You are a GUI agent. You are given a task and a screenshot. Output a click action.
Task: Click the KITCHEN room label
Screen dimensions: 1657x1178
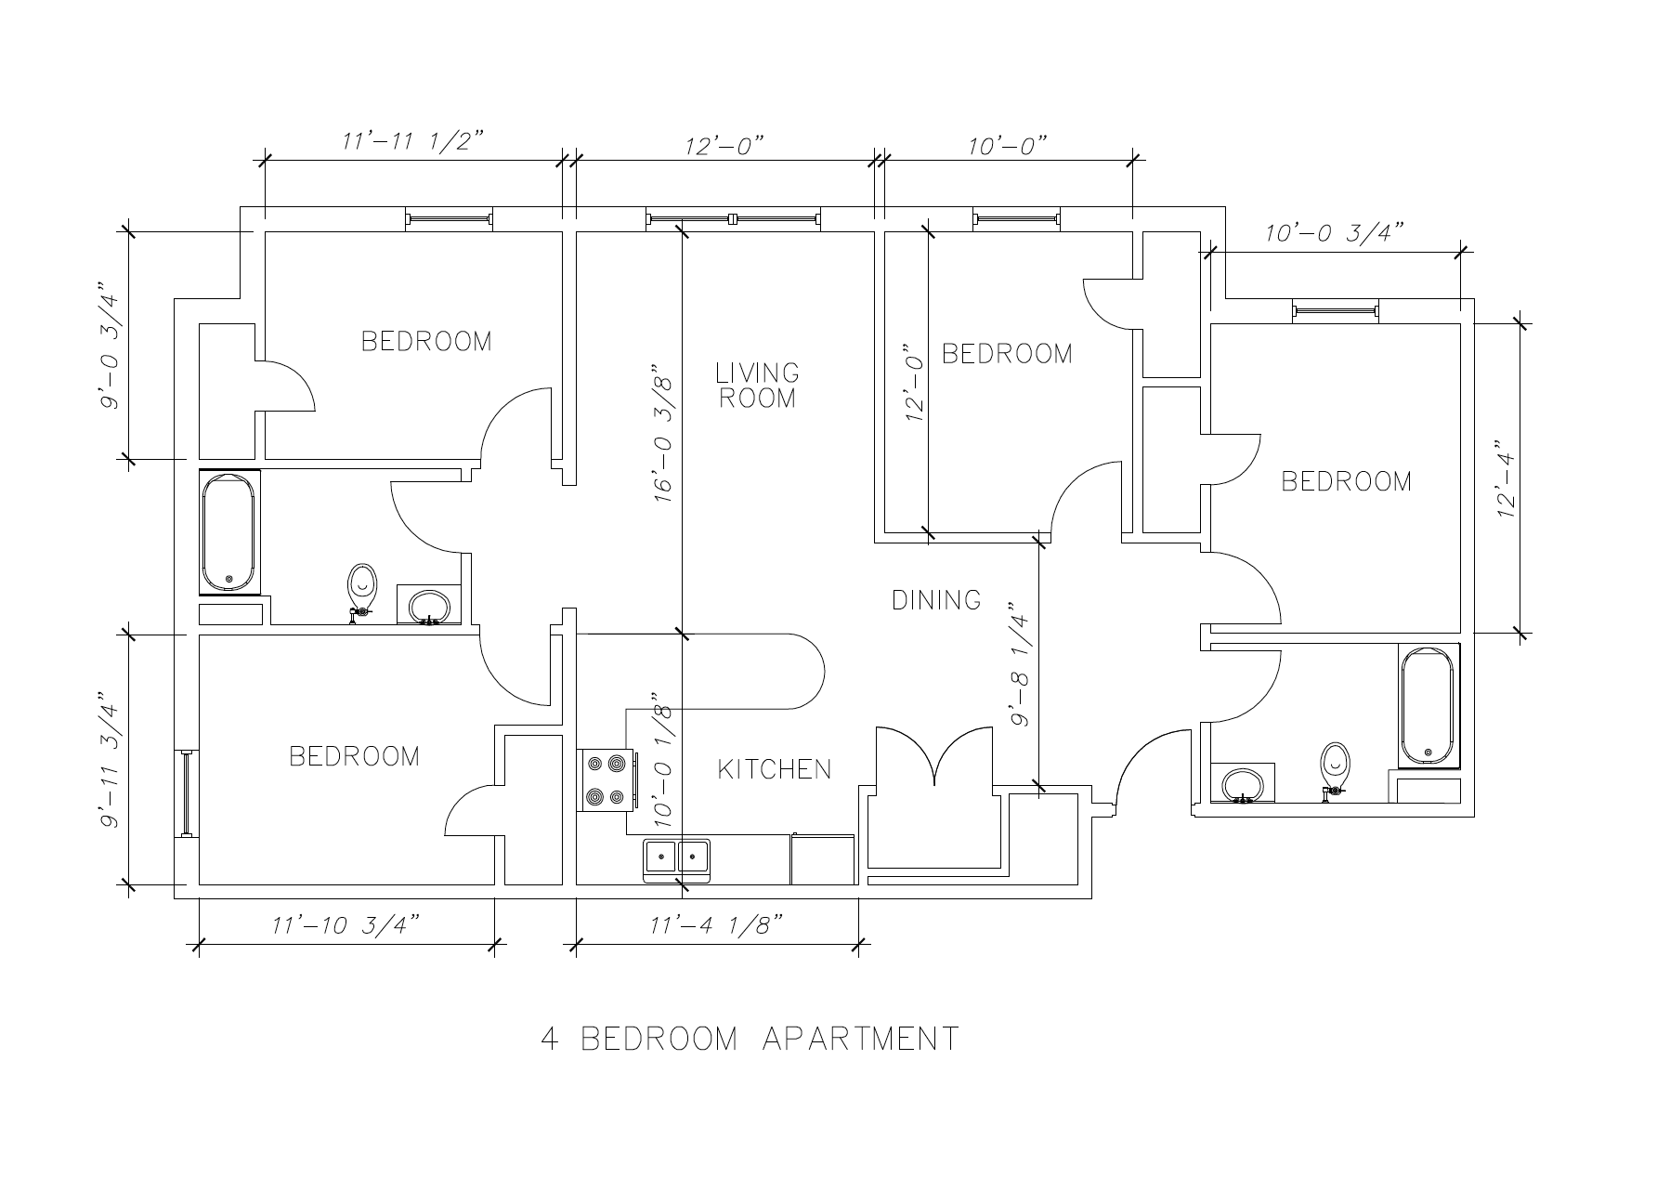(x=775, y=769)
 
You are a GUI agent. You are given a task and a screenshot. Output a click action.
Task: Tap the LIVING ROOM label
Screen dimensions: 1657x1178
(x=757, y=386)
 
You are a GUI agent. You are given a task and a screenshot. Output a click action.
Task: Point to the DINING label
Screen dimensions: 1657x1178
(x=936, y=600)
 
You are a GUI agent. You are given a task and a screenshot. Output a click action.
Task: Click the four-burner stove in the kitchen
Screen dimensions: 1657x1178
(x=607, y=780)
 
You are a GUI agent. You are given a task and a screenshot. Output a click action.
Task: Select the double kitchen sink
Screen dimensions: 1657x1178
(x=677, y=859)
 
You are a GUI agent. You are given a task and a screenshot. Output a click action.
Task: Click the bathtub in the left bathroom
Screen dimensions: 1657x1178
(x=229, y=531)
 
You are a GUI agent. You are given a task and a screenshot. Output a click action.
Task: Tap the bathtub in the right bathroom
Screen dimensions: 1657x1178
(x=1429, y=706)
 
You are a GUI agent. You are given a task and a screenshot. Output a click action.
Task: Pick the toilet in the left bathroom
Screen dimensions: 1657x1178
(x=362, y=590)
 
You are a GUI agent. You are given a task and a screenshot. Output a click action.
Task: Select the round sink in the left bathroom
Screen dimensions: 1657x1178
(x=429, y=606)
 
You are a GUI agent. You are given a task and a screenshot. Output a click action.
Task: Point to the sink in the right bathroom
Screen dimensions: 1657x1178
(x=1242, y=783)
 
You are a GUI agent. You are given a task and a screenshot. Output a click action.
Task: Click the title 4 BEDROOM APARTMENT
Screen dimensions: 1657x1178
(x=750, y=1038)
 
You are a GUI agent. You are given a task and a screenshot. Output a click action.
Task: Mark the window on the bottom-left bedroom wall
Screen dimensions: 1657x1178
(x=187, y=792)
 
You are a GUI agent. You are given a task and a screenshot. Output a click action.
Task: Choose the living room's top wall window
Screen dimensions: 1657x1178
(x=733, y=219)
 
